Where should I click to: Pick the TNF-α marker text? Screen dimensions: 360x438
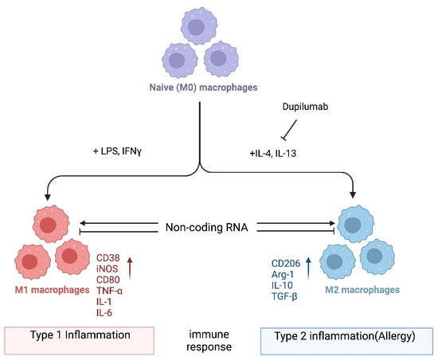(x=110, y=291)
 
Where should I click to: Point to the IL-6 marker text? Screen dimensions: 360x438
(x=104, y=314)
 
